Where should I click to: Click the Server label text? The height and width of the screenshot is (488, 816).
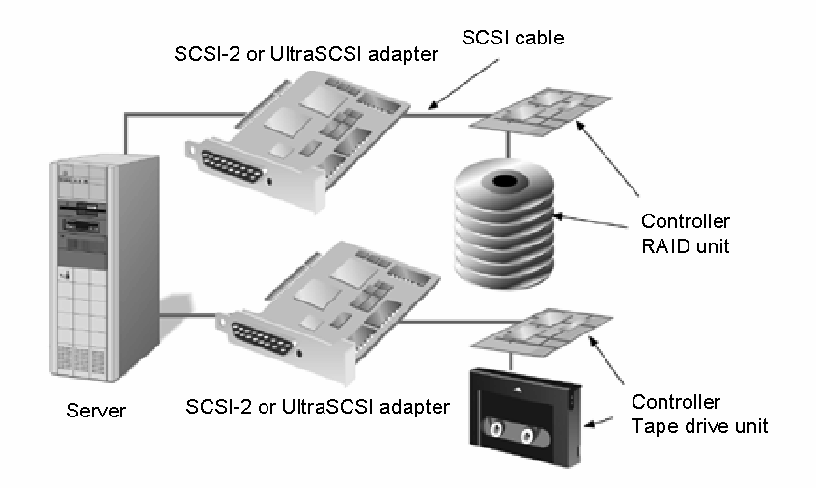coord(96,410)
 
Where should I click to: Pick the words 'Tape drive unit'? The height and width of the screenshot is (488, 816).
coord(699,425)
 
